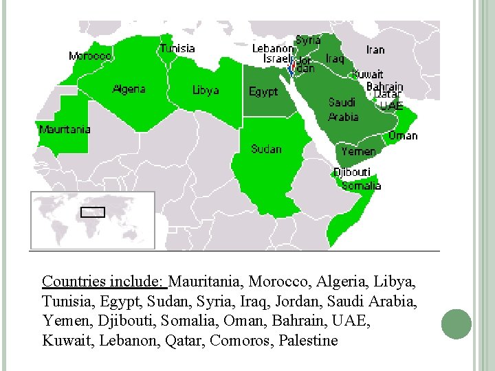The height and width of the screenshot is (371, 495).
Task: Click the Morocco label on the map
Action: [x=90, y=56]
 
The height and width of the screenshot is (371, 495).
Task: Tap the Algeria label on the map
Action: [x=129, y=89]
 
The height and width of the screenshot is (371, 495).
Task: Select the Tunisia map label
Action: [x=177, y=48]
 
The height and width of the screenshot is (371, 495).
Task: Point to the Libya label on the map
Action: [x=206, y=90]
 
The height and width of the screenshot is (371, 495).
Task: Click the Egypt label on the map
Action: [x=263, y=91]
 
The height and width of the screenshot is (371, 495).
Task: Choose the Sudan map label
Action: [x=266, y=148]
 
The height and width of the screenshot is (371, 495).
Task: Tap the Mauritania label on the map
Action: [x=65, y=129]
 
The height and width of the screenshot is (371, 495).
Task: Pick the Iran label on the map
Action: [x=375, y=49]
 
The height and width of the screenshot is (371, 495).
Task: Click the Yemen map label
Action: [x=358, y=151]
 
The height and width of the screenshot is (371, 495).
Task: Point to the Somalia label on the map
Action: [x=361, y=185]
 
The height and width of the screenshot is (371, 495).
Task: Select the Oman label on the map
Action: [x=403, y=135]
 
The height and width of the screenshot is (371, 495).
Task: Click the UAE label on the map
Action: [x=391, y=106]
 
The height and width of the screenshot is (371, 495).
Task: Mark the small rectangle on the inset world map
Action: [x=93, y=212]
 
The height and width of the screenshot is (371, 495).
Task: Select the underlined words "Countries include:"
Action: [x=103, y=282]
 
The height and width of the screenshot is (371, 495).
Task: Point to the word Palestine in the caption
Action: [x=309, y=340]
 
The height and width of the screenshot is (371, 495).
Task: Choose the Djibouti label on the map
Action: [x=352, y=172]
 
